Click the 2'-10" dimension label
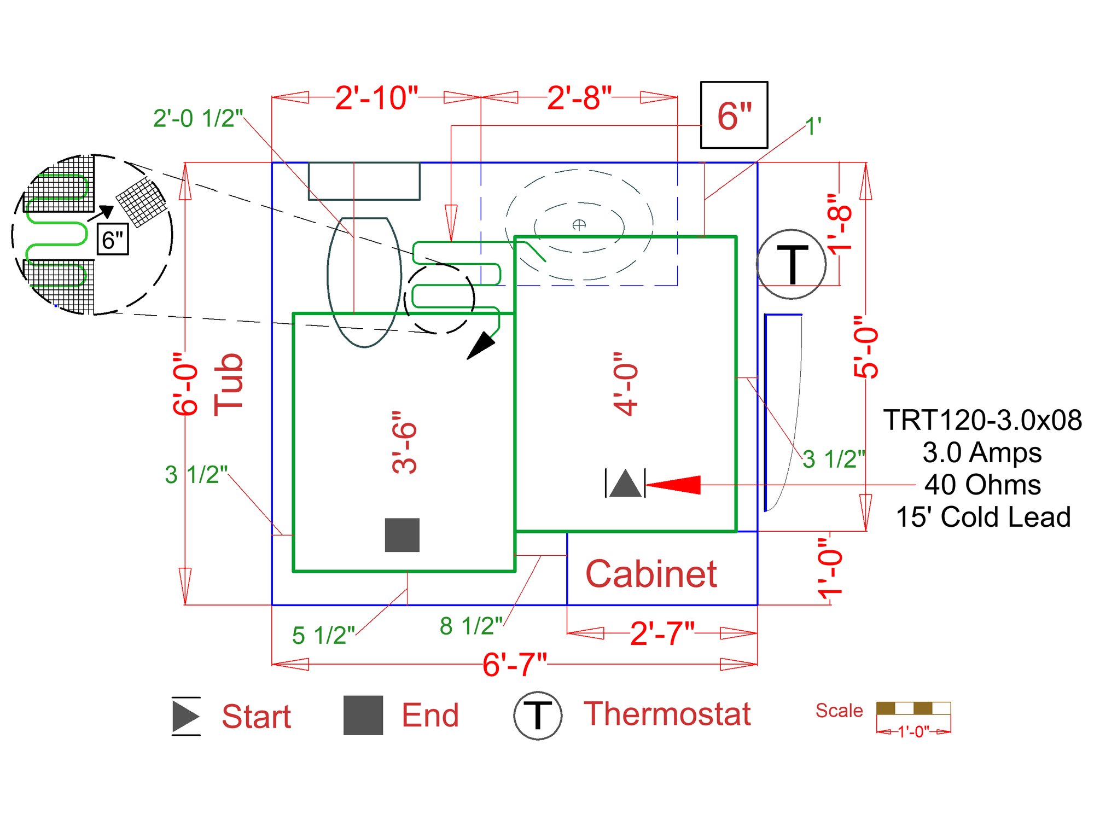pos(376,98)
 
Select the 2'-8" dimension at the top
pos(579,98)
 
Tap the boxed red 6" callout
pos(734,115)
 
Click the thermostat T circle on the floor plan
pos(791,264)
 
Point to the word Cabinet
pos(651,574)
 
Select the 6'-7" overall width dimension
pos(514,664)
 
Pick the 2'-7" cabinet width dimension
pos(662,633)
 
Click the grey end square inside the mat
pos(402,535)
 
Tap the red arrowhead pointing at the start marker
pos(674,485)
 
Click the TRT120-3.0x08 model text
pos(982,420)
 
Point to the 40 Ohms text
pos(982,485)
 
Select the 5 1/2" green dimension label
pos(323,635)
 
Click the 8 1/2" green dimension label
pos(470,626)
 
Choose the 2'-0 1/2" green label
pos(197,118)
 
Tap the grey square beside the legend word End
pos(363,715)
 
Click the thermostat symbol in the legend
pos(537,715)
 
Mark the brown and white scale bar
pos(913,708)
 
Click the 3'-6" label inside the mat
pos(405,442)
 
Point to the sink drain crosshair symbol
pos(579,224)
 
